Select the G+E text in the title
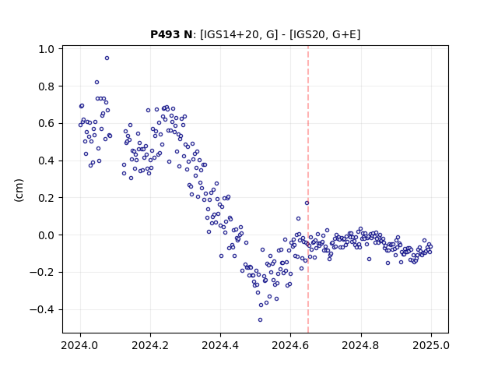click(344, 34)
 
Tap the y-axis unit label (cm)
click(19, 190)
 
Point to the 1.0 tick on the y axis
click(46, 49)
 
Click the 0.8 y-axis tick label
click(46, 86)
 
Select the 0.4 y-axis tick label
click(46, 161)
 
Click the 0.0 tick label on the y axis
click(46, 235)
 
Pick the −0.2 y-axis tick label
click(42, 273)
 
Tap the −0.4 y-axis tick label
click(42, 310)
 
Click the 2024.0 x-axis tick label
click(80, 345)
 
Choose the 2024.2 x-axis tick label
click(150, 345)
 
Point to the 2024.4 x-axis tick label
click(220, 345)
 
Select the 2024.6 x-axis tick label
click(290, 345)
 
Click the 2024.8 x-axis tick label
click(360, 345)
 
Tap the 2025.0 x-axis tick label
click(431, 345)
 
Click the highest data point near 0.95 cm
click(107, 58)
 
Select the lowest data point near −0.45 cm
click(260, 320)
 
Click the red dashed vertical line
click(308, 189)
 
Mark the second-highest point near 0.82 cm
click(96, 83)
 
